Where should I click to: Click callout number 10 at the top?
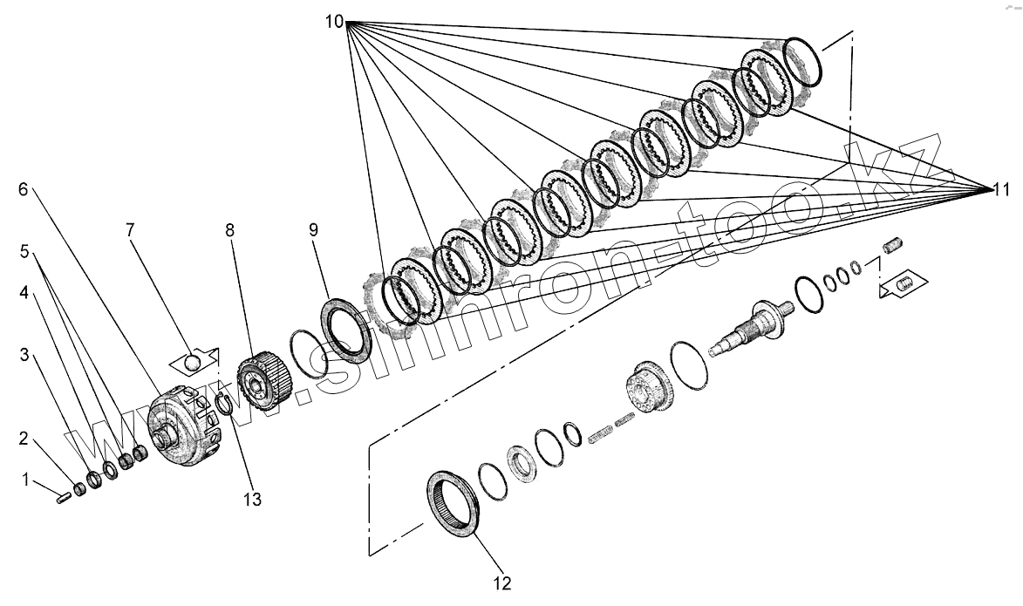click(x=335, y=22)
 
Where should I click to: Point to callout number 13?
click(x=253, y=500)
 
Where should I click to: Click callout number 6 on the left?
click(x=24, y=190)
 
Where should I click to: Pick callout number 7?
click(x=130, y=230)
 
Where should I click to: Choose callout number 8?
click(x=229, y=230)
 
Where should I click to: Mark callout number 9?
click(x=313, y=230)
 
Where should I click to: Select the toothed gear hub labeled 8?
click(x=263, y=379)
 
